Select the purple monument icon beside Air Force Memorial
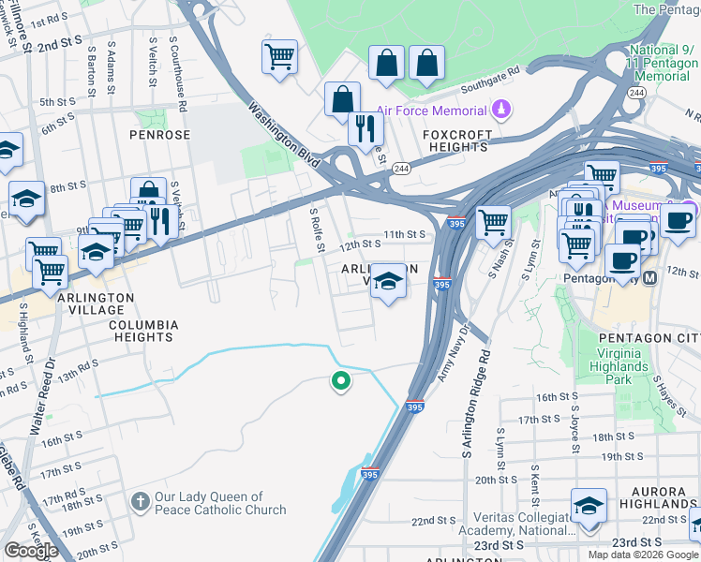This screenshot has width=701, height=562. click(503, 109)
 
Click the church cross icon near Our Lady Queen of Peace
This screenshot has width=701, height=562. click(140, 503)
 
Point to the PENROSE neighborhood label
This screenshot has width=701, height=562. click(159, 135)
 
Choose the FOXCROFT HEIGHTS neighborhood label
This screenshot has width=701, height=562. click(456, 140)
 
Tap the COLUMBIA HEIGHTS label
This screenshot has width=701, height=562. click(143, 332)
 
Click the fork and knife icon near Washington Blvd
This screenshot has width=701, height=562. click(365, 127)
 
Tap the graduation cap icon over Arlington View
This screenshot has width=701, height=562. click(386, 281)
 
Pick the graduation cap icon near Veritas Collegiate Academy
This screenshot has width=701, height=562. click(589, 507)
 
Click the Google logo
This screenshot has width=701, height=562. click(31, 551)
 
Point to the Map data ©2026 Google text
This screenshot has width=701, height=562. click(641, 554)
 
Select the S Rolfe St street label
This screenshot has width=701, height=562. click(317, 229)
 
